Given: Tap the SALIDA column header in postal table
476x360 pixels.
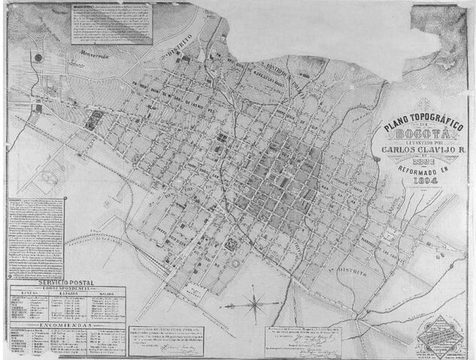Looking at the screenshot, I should coord(105,292).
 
